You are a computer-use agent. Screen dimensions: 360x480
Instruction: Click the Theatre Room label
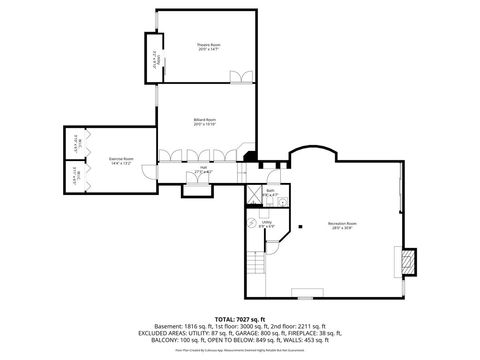pos(208,46)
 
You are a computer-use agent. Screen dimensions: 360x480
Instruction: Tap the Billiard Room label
pos(205,121)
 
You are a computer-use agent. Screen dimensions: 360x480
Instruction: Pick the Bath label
pos(271,191)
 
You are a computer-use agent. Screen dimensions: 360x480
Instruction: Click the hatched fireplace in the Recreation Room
pos(405,262)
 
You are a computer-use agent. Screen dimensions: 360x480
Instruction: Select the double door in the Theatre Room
pos(237,78)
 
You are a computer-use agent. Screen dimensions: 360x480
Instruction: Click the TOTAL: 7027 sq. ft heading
pos(240,316)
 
